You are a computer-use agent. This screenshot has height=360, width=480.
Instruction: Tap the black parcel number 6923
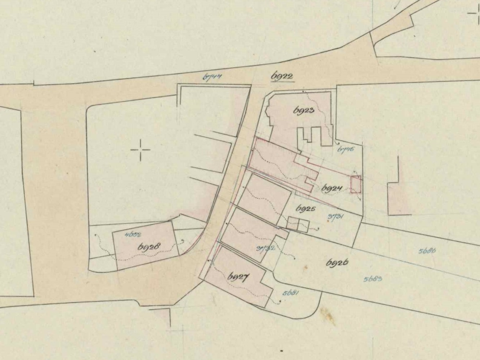[x=304, y=110]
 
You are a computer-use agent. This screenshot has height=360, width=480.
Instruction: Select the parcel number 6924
[x=331, y=188]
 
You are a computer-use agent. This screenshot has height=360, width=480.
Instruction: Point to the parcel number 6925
[x=305, y=208]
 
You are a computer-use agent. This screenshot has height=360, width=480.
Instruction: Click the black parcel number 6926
[x=337, y=263]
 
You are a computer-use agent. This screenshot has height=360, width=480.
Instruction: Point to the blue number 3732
[x=266, y=248]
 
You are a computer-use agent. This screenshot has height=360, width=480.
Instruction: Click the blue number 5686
[x=427, y=251]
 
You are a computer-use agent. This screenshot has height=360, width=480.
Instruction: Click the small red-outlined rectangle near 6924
[x=356, y=185]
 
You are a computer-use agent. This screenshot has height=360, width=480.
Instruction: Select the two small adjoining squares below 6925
[x=298, y=224]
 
